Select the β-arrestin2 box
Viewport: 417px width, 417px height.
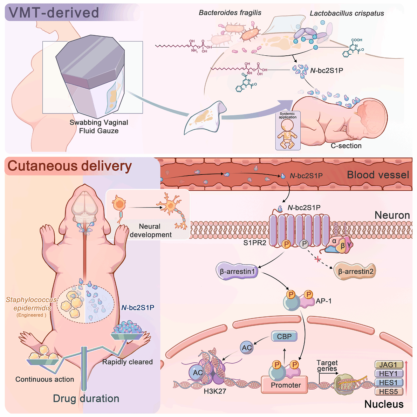[x=355, y=271]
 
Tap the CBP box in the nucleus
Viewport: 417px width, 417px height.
[x=284, y=336]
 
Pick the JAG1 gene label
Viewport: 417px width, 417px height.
[x=388, y=365]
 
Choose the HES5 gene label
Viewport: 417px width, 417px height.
[x=388, y=392]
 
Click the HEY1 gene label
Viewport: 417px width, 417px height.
[x=388, y=374]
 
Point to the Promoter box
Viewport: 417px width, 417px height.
[x=286, y=385]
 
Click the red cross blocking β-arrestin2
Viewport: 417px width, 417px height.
[x=318, y=259]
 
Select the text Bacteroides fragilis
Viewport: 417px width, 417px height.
[x=230, y=13]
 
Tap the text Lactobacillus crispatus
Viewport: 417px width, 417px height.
[x=347, y=14]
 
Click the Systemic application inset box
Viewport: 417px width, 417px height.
[x=288, y=131]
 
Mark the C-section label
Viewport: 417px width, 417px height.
[x=346, y=146]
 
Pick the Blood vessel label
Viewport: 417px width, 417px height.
[x=378, y=175]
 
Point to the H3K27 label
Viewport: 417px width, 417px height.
[x=215, y=391]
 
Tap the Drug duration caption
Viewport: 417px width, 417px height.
[x=86, y=398]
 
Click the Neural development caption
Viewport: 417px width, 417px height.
[x=150, y=231]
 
